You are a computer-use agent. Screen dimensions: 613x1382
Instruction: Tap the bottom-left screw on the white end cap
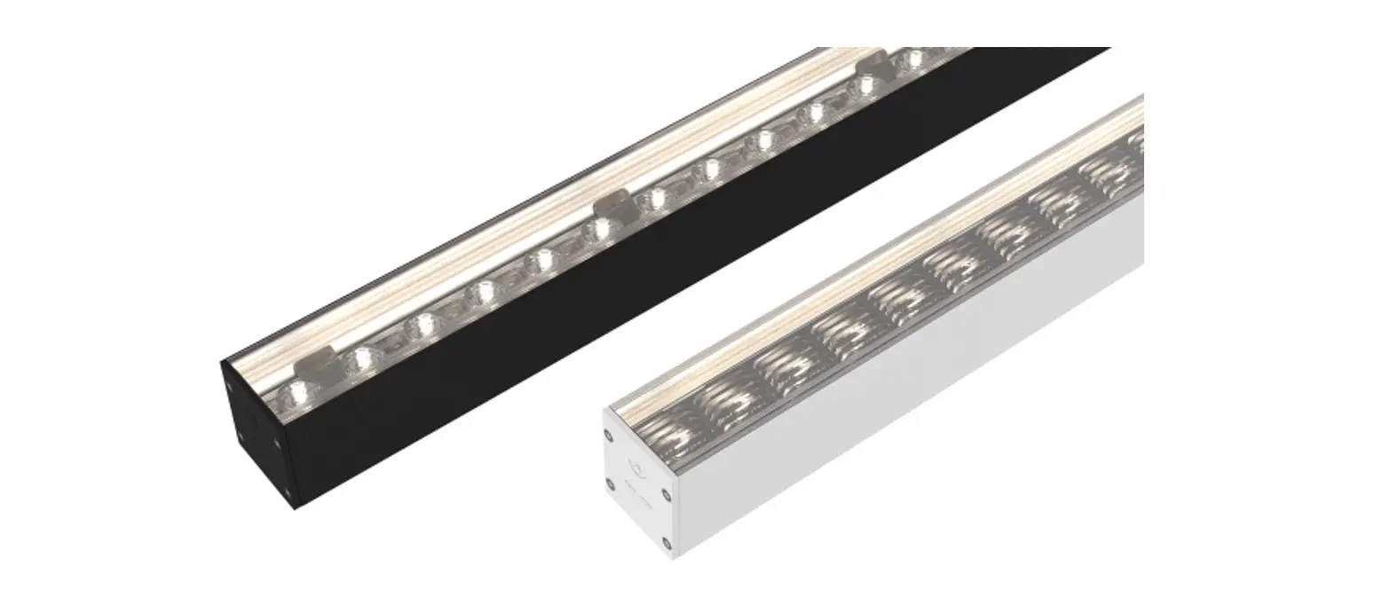click(610, 483)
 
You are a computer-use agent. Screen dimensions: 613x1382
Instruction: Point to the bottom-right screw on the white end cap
click(665, 540)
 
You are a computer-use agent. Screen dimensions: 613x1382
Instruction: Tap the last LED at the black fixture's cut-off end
click(914, 59)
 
